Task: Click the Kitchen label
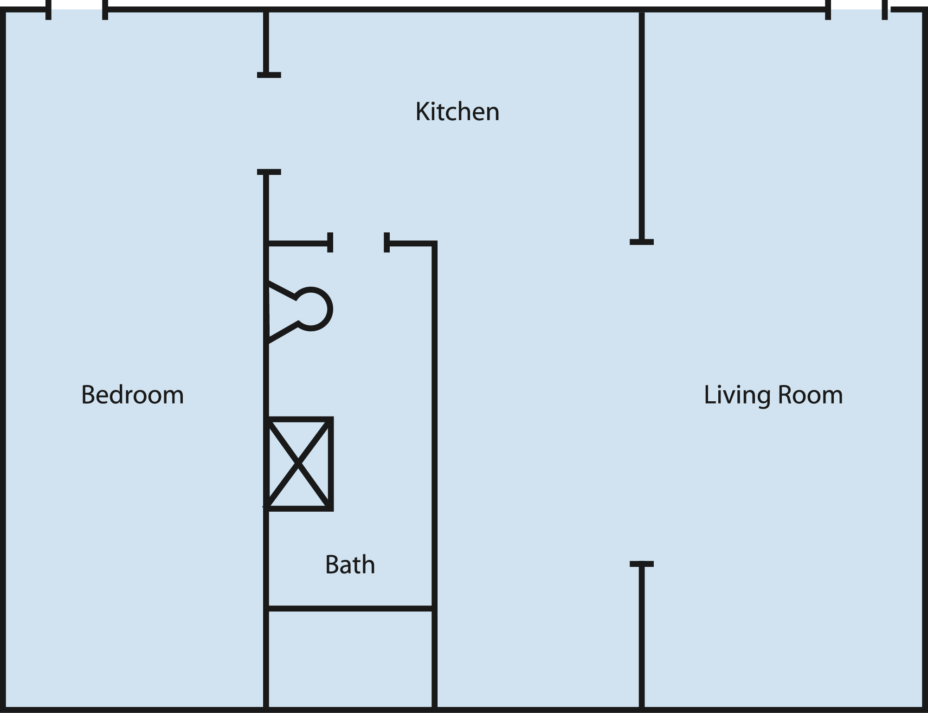[457, 112]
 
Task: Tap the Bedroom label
[132, 395]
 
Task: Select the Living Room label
[773, 395]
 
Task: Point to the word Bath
[350, 565]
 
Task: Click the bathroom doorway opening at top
[359, 243]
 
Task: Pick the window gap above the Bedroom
[77, 10]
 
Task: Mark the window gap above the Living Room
[857, 10]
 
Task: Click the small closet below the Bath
[350, 659]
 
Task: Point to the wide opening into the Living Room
[642, 403]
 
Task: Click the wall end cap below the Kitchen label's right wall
[642, 242]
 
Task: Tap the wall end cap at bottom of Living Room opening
[642, 564]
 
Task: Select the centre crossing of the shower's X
[298, 463]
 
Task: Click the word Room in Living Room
[810, 395]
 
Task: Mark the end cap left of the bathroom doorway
[330, 243]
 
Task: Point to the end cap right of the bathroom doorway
[387, 243]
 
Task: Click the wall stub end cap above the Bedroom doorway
[269, 75]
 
